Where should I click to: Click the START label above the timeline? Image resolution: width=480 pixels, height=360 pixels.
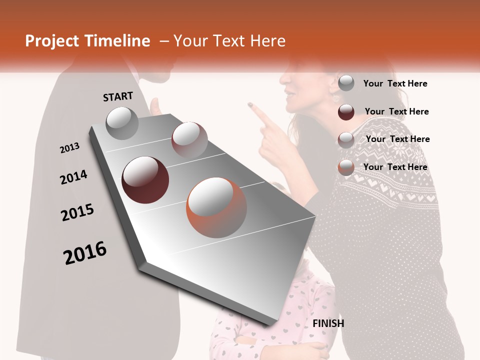118,96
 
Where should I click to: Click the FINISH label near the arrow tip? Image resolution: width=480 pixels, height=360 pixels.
328,323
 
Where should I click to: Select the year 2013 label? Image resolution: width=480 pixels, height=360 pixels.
69,148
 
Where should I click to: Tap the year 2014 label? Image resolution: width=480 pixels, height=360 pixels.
73,177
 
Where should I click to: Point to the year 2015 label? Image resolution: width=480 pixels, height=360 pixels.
77,212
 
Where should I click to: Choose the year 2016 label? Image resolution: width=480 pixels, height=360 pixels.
85,253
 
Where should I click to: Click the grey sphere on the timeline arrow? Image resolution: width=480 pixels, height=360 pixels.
122,123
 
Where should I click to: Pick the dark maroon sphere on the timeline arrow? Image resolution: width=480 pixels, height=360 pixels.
145,180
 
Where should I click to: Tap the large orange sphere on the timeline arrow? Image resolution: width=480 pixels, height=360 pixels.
216,207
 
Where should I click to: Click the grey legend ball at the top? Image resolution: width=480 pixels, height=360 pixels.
346,83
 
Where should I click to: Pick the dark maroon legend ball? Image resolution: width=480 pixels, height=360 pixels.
346,112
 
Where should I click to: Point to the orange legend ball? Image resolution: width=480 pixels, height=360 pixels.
346,167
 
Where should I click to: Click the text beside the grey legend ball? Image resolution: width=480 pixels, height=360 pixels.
395,83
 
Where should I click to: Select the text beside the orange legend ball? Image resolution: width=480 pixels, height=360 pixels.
395,167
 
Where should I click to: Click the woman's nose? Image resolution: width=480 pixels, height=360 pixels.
282,80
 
